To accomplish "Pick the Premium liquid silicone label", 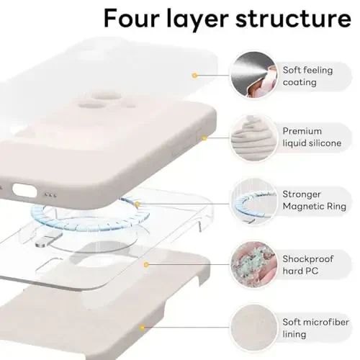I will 312,138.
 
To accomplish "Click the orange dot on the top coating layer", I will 194,75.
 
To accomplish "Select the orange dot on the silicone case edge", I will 204,138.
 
